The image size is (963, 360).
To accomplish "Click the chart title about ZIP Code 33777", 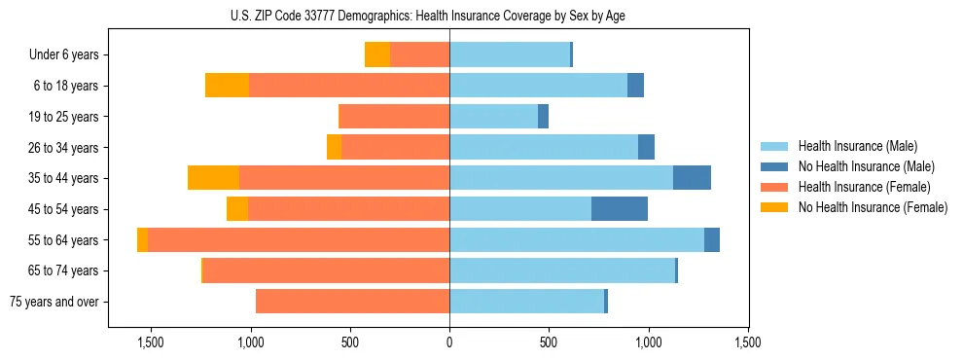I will pos(449,16).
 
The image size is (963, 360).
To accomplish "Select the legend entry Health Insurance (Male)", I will pos(856,146).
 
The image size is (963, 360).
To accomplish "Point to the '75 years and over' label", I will pos(54,302).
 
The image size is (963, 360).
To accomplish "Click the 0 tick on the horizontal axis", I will pos(449,342).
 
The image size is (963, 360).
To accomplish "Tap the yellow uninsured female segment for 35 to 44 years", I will pos(213,178).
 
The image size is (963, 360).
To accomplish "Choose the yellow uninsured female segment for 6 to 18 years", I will pos(227,86).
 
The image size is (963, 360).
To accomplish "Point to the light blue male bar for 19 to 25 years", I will pos(493,117).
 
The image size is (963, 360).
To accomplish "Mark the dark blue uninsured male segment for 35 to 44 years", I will pos(692,178).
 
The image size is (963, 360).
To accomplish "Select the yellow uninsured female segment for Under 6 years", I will pos(377,55).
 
